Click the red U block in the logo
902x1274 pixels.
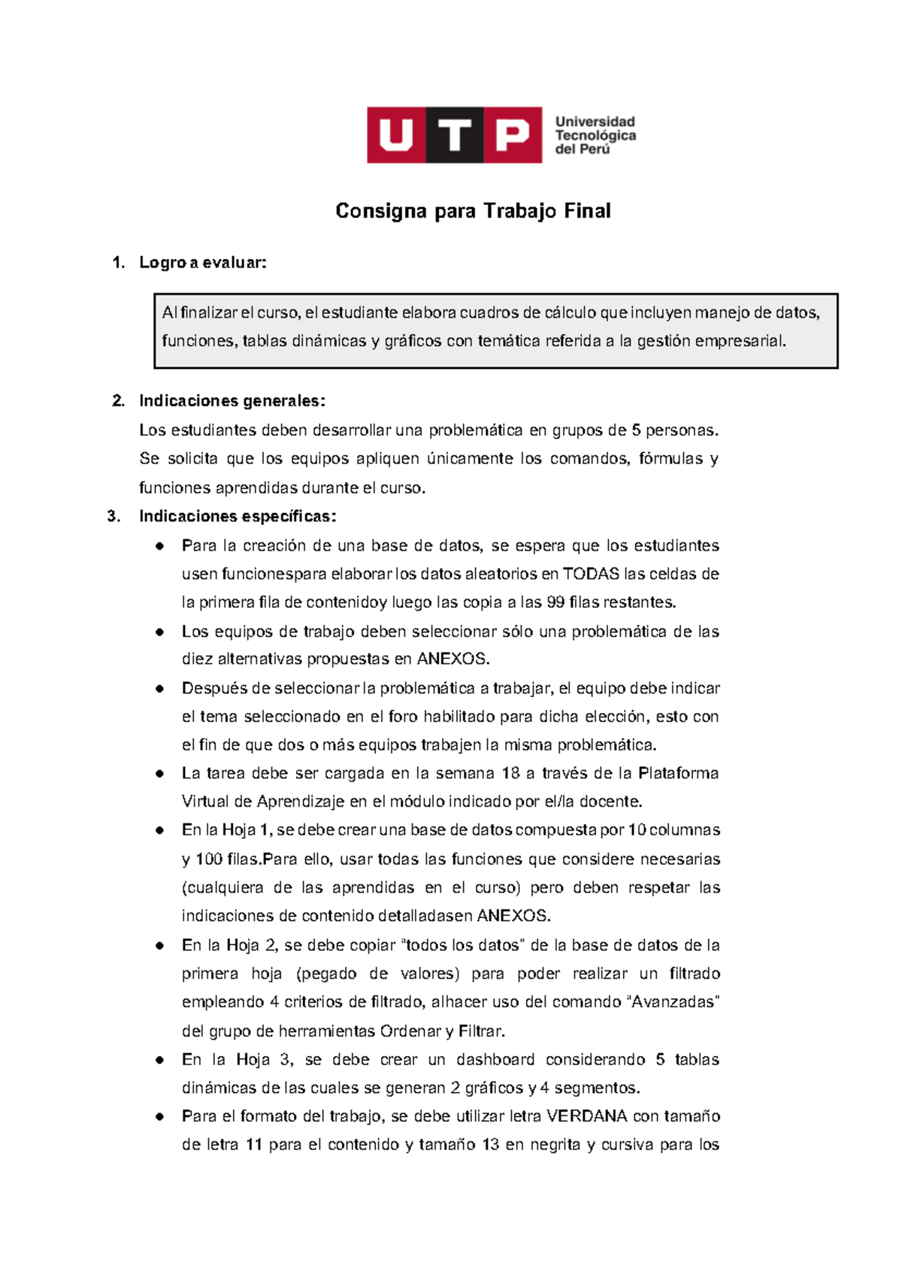click(396, 135)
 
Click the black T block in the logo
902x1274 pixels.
click(455, 135)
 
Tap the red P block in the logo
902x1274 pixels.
click(513, 135)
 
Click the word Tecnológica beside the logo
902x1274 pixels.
click(595, 135)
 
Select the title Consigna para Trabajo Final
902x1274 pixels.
click(473, 211)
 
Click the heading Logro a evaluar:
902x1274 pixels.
click(203, 263)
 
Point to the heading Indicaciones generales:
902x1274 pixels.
click(232, 401)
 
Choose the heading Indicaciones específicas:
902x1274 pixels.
click(238, 516)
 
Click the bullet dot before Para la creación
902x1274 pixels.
click(160, 546)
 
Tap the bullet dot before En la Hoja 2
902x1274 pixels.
click(160, 946)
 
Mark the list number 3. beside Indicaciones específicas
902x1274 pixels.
click(114, 516)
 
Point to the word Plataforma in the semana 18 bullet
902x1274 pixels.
click(678, 774)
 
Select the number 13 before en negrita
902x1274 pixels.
click(491, 1145)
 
